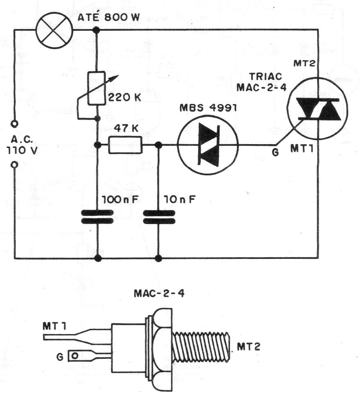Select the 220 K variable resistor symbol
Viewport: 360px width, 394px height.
(x=97, y=93)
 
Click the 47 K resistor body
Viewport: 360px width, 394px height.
(x=125, y=145)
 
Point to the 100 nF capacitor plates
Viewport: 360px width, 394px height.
(x=97, y=217)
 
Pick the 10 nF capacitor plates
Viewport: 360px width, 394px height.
(x=158, y=217)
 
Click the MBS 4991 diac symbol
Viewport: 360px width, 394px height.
(x=208, y=145)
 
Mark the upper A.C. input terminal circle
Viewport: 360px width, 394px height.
(x=15, y=123)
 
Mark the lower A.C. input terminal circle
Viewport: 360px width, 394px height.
(x=15, y=165)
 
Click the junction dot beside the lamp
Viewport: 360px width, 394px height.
(x=97, y=29)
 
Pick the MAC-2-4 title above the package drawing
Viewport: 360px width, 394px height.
(x=154, y=293)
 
